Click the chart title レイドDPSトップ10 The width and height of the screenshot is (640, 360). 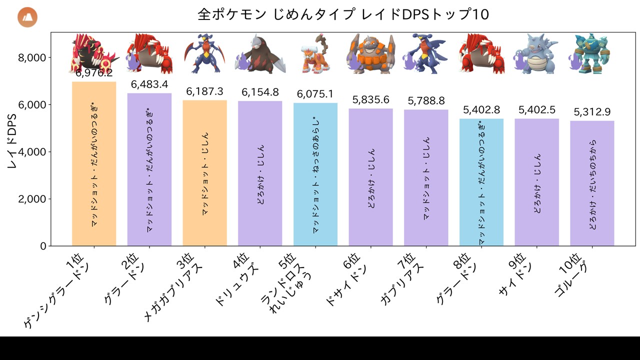click(x=343, y=14)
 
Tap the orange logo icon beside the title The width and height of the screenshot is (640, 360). click(x=27, y=17)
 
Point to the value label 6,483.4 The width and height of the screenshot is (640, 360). click(x=149, y=84)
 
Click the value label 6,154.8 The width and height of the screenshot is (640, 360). click(x=260, y=92)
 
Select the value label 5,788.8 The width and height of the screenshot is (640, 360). click(x=426, y=101)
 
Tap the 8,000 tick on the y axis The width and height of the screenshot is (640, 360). click(x=32, y=57)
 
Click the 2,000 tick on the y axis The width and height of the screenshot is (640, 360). click(x=32, y=199)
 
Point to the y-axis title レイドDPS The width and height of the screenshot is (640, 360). click(x=13, y=140)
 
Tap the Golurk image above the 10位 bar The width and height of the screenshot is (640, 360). click(x=590, y=54)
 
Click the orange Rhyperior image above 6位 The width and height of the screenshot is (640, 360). click(x=370, y=54)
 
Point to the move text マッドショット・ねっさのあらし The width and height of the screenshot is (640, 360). click(x=315, y=175)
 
